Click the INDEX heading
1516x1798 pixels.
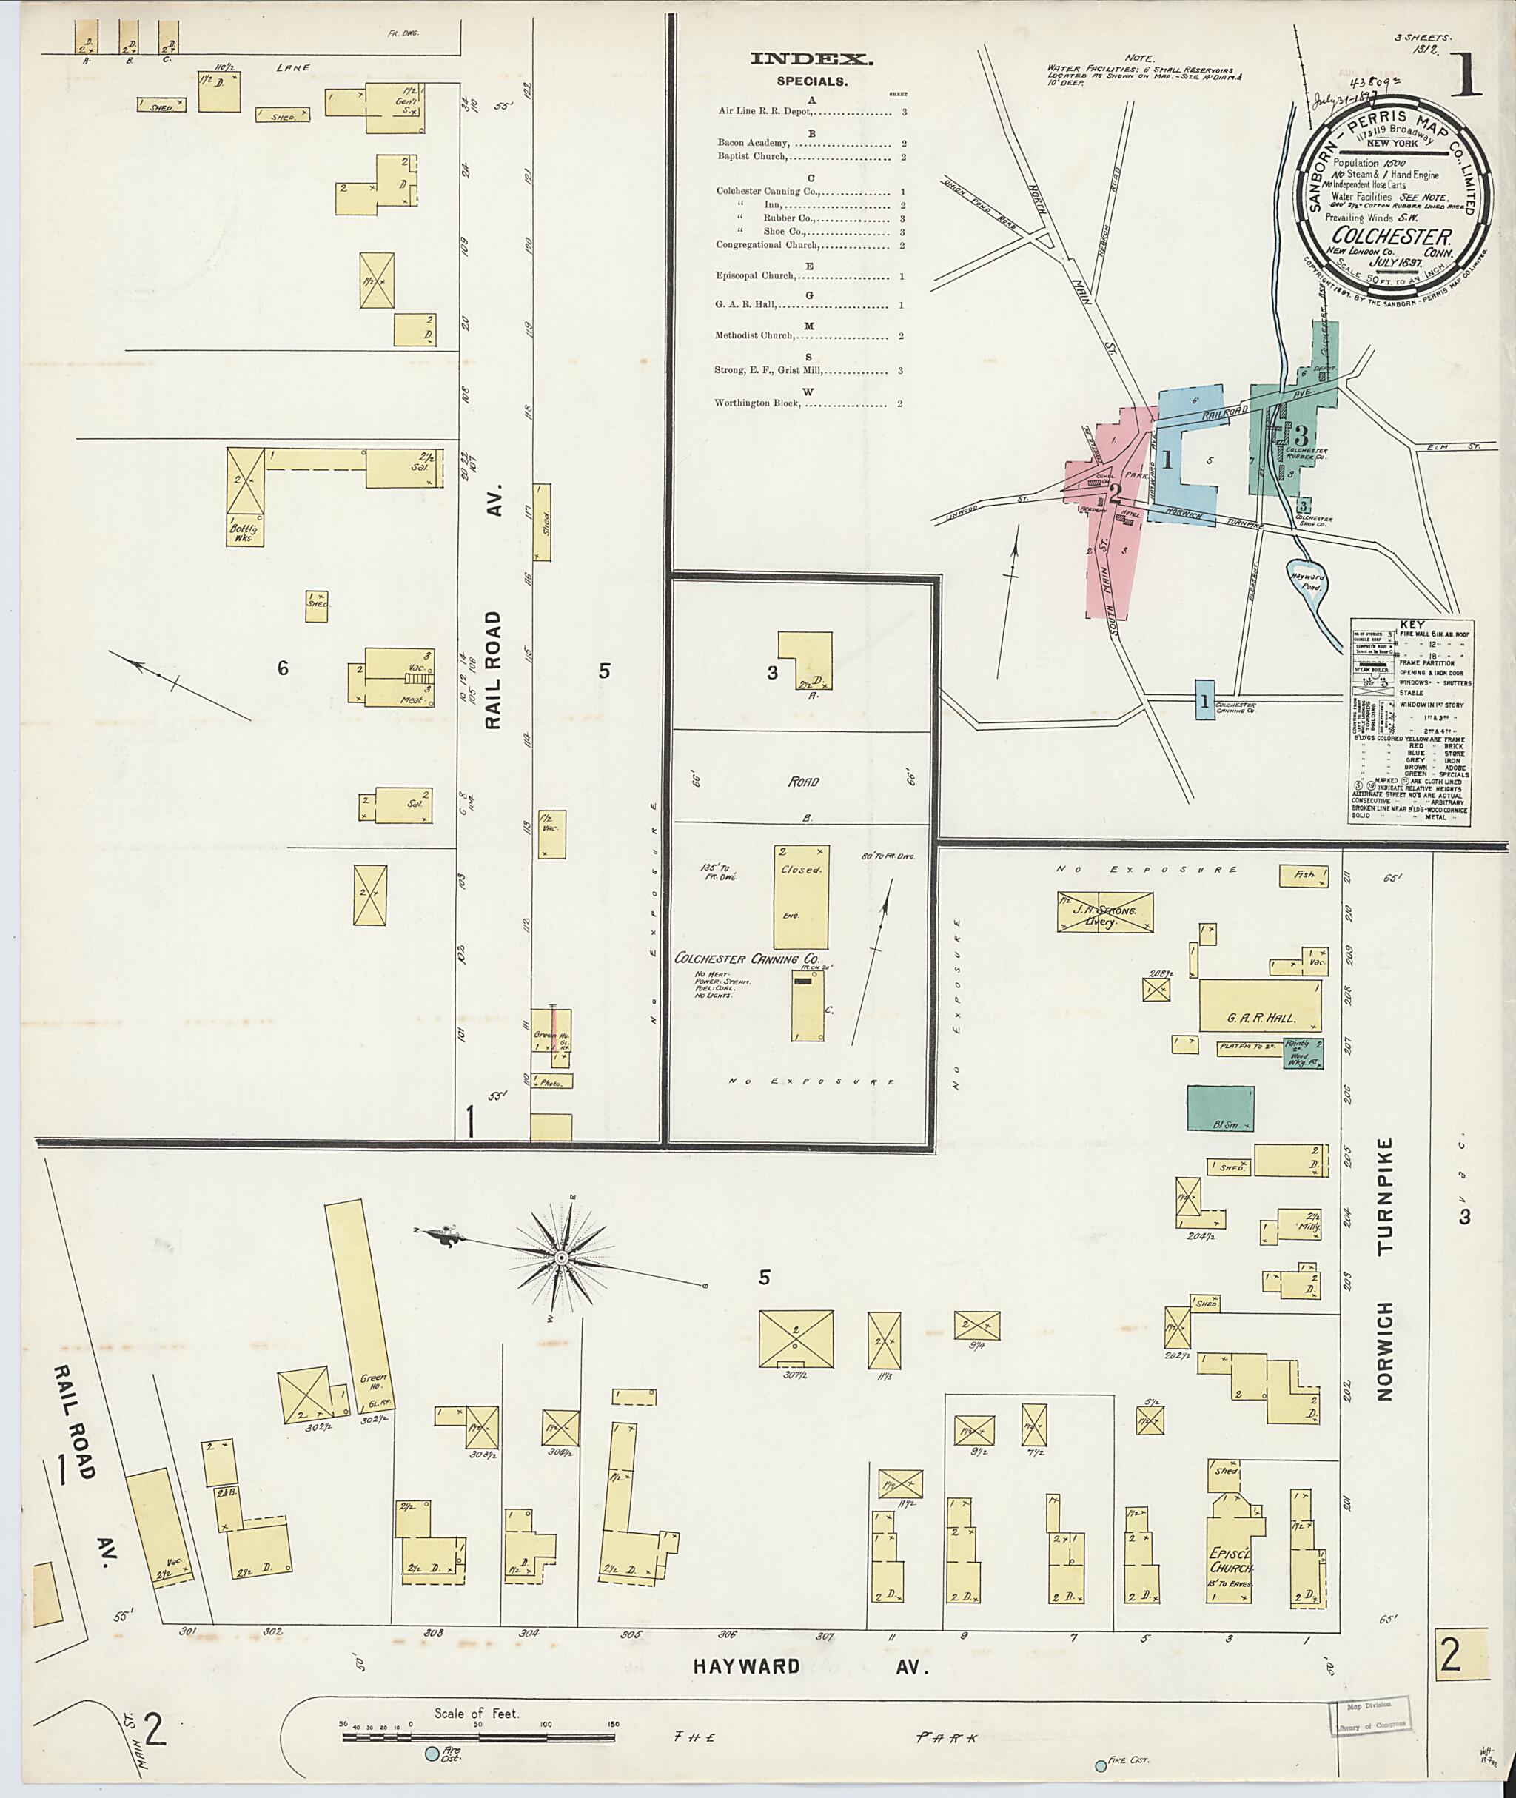click(811, 59)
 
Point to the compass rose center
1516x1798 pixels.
click(560, 1258)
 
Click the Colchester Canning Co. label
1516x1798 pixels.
click(747, 959)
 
